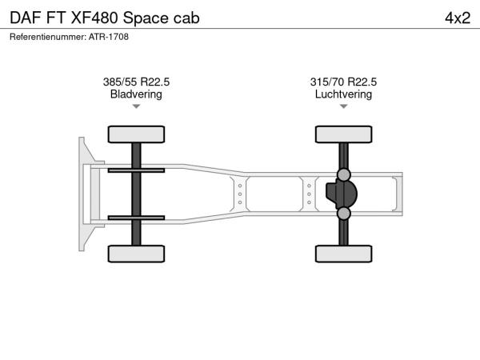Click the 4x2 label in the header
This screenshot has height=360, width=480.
click(x=458, y=18)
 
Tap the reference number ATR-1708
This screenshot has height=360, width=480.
click(x=109, y=37)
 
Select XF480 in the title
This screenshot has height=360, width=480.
click(x=94, y=18)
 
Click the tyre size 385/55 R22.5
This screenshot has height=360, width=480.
click(x=136, y=82)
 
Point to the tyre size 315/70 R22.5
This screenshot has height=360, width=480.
click(x=343, y=82)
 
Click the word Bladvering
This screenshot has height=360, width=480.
click(x=136, y=94)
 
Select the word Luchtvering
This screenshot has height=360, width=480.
click(x=343, y=94)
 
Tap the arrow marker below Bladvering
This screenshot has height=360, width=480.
click(x=136, y=106)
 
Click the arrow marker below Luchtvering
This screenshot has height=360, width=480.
click(x=343, y=106)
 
